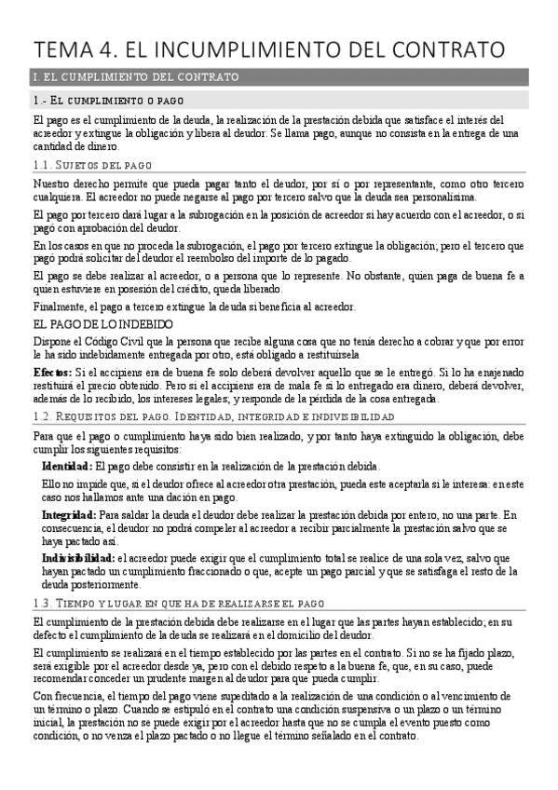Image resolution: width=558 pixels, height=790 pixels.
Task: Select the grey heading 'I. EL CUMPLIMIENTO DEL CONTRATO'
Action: click(135, 76)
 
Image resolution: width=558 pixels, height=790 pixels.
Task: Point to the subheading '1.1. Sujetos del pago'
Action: click(98, 165)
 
